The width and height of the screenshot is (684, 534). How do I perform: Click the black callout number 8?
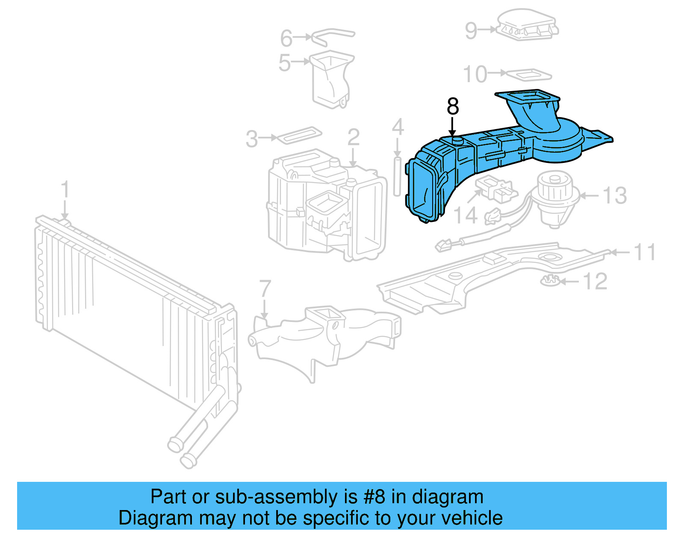coord(453,106)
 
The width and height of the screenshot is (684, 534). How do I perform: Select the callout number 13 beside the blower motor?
coord(615,196)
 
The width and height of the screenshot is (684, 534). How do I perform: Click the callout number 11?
coord(645,252)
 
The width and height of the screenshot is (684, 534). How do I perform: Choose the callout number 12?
coord(595,282)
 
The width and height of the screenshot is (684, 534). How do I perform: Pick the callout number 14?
coord(465,215)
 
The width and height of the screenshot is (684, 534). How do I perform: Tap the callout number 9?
coord(471,31)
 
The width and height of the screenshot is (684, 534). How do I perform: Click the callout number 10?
coord(475,74)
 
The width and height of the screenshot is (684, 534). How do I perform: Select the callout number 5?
coord(285,63)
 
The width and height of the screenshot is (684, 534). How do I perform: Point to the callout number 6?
coord(286,38)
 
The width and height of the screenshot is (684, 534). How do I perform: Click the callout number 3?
coord(252,139)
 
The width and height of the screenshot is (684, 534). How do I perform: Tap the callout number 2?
coord(354,138)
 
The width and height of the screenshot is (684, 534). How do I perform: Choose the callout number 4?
coord(398,127)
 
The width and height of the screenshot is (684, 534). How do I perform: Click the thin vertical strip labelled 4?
coord(397,176)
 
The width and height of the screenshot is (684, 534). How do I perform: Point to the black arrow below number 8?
coord(453,127)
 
